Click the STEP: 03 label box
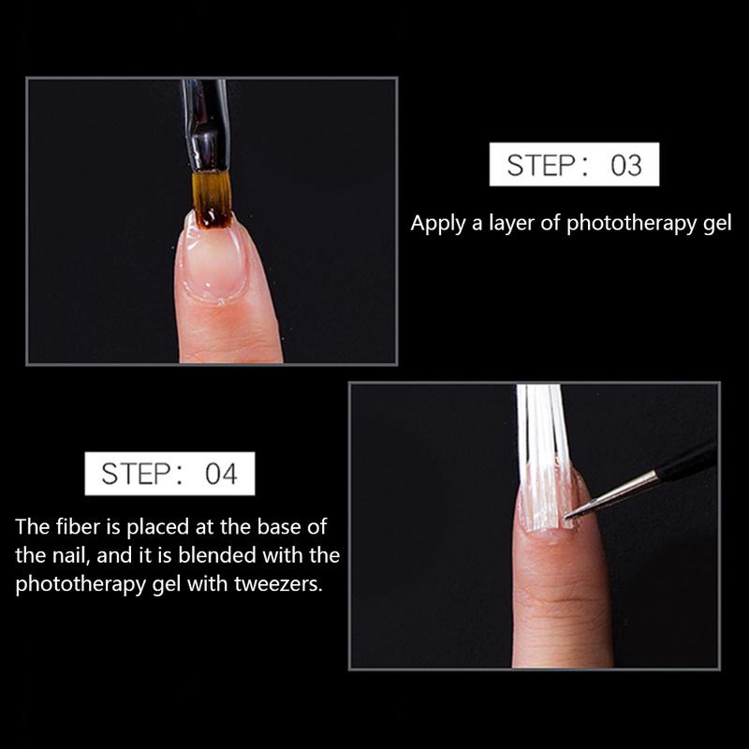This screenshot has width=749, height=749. pos(574,165)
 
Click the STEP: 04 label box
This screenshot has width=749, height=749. pos(169,474)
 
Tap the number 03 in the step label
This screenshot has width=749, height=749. pos(625,166)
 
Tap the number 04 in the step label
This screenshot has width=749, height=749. pos(221,475)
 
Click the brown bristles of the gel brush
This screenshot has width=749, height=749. pos(212,198)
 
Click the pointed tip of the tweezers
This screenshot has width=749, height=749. pos(574,512)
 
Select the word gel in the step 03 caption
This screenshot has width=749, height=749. pos(715,226)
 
